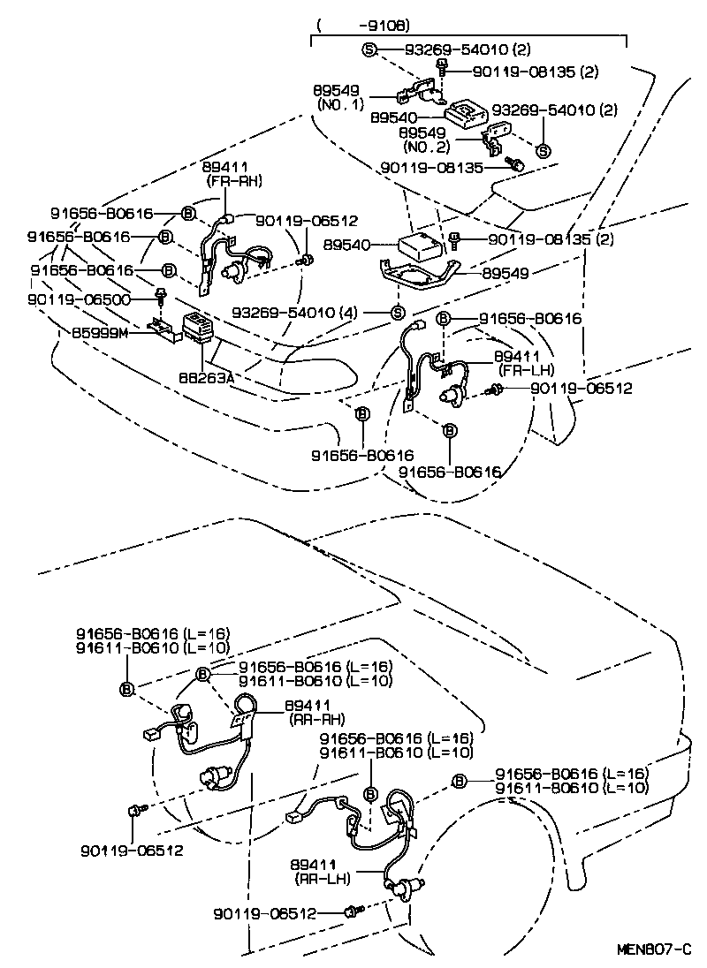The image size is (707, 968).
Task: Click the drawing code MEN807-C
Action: (x=653, y=949)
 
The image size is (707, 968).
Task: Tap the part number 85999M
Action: (x=100, y=334)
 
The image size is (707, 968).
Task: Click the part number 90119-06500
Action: (x=79, y=299)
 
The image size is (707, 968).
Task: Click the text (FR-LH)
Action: (x=526, y=369)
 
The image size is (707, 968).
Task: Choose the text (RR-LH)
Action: (x=320, y=879)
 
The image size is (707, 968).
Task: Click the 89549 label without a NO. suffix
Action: (x=506, y=274)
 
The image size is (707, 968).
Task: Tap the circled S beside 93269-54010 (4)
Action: (x=398, y=313)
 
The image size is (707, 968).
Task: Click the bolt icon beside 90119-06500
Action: (x=161, y=293)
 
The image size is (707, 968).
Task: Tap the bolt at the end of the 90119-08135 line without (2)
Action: (x=518, y=164)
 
